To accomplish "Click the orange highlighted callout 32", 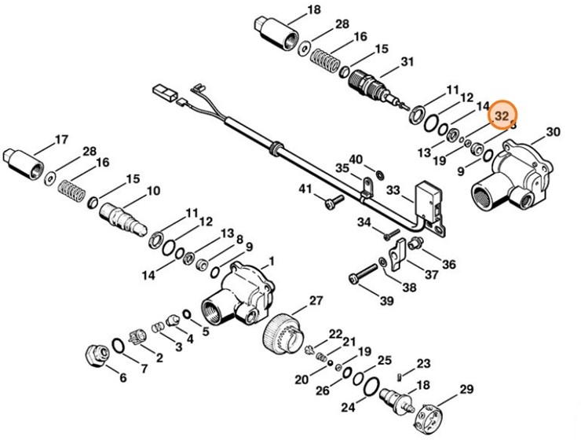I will (500, 115).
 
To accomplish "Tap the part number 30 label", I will (553, 132).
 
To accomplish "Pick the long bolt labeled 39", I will (360, 277).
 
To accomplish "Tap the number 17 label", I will (61, 141).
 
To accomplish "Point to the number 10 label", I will (152, 190).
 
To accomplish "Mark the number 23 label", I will (423, 363).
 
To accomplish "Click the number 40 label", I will (356, 159).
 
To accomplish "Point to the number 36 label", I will (448, 263).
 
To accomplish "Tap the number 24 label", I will (347, 407).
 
